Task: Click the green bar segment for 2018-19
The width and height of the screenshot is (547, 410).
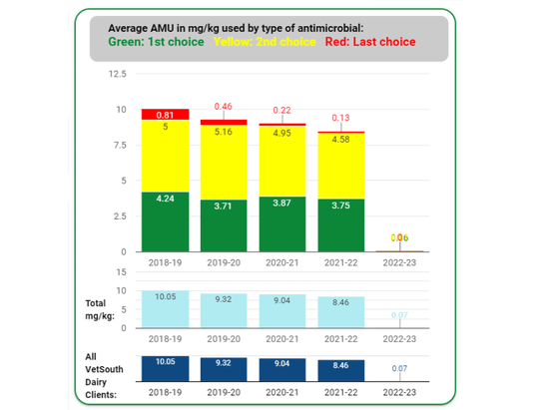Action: tap(165, 221)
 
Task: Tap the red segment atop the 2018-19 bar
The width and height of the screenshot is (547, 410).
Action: tap(165, 115)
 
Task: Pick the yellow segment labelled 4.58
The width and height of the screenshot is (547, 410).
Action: tap(340, 165)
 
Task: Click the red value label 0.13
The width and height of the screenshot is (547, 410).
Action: tap(340, 117)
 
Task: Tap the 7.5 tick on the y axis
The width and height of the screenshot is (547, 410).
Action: tap(120, 145)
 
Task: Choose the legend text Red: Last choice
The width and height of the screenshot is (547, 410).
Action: tap(369, 43)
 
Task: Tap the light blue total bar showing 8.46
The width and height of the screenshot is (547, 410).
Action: tap(340, 311)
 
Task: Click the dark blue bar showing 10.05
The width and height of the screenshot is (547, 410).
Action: tap(165, 369)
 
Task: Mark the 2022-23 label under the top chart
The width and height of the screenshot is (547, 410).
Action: tap(399, 263)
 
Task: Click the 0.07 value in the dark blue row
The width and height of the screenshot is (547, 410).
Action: tap(399, 369)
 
